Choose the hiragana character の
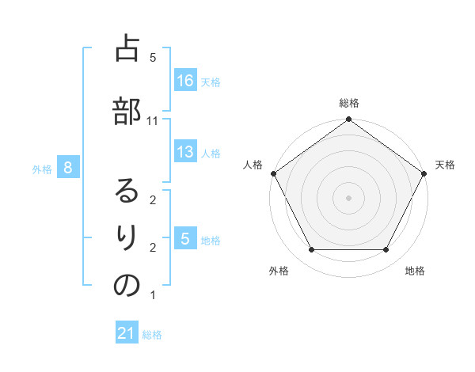pos(127,286)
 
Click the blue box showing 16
pos(185,81)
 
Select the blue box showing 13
pos(185,152)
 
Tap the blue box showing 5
pos(185,239)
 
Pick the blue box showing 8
pos(69,167)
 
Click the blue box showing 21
pos(127,334)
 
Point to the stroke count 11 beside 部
pos(153,121)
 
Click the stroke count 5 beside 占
pos(153,58)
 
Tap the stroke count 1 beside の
pos(153,295)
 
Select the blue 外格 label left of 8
pos(42,168)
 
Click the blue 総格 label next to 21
pos(152,335)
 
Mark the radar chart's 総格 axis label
pos(348,103)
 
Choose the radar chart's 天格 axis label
pos(446,165)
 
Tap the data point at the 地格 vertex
pos(386,250)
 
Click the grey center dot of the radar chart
pos(348,197)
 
